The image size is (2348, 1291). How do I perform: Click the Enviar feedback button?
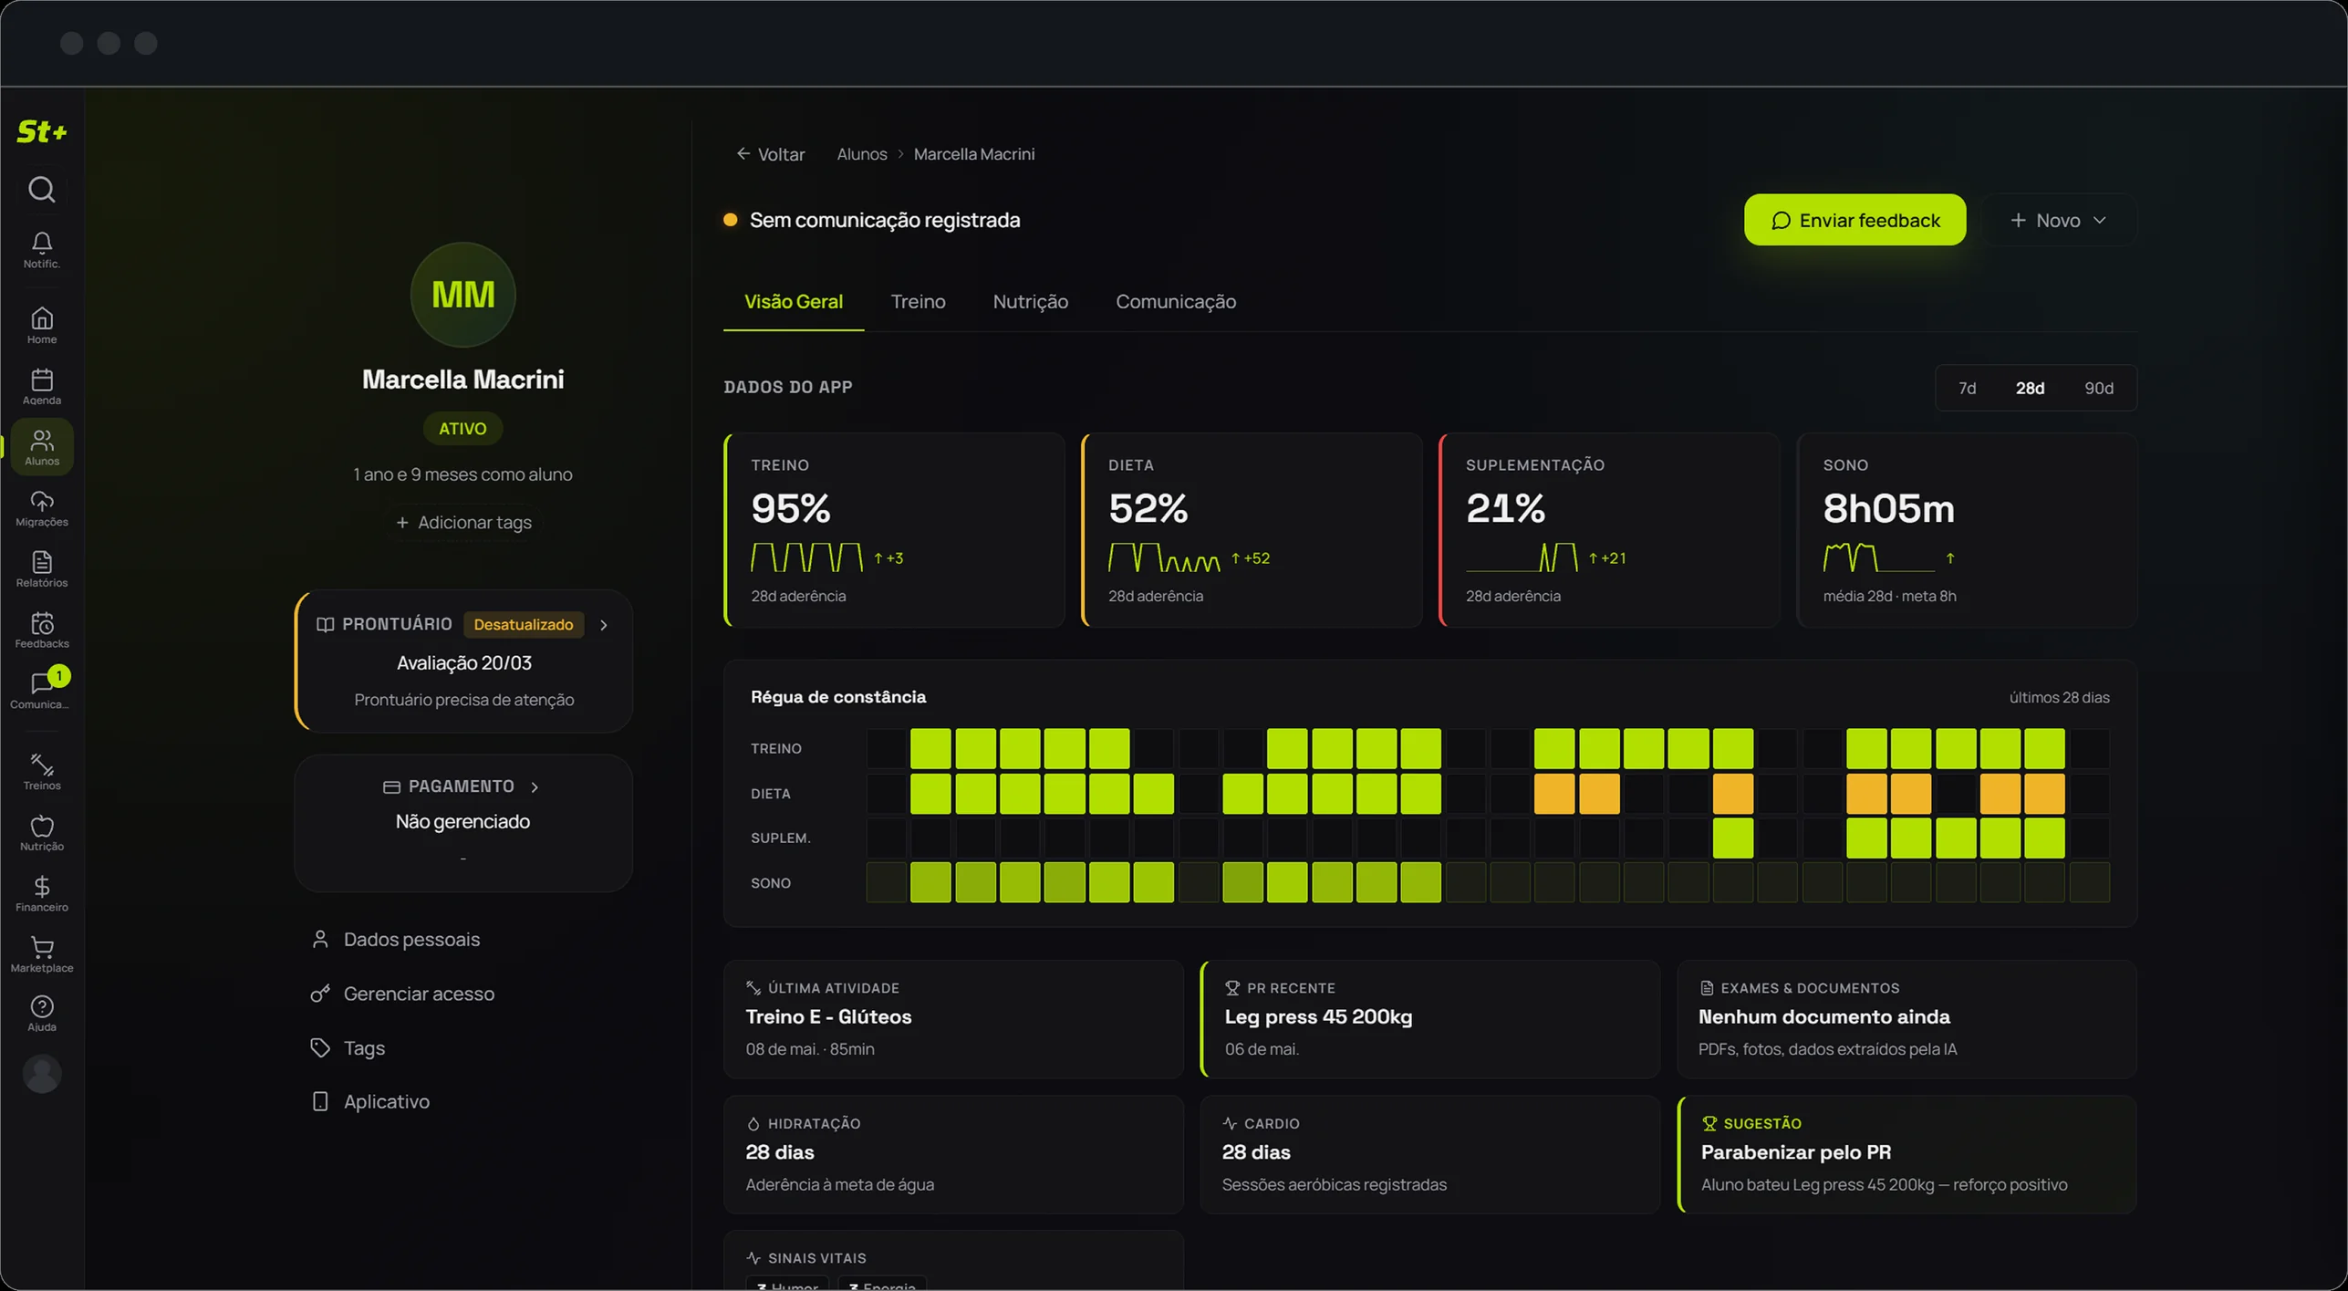1855,220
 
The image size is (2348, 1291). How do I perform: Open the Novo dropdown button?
2058,220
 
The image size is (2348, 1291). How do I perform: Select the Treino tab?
918,301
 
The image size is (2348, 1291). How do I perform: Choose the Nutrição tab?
1030,301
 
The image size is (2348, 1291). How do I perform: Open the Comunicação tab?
1176,301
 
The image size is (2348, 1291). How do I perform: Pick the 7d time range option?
1967,388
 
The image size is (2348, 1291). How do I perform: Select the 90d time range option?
2098,388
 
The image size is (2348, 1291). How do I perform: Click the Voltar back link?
771,154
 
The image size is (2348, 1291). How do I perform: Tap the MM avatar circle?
462,295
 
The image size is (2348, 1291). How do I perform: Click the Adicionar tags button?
463,522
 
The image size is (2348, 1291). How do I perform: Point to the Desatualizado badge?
524,624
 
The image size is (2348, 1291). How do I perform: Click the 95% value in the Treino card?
791,508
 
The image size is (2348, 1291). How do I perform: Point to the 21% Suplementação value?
1505,508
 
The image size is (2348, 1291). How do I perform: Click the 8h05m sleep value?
1888,508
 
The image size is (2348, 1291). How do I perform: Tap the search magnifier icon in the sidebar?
42,189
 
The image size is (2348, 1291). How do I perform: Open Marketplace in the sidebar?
42,954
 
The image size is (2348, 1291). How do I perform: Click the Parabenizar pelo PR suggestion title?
1795,1151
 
